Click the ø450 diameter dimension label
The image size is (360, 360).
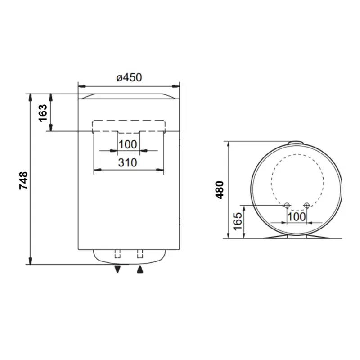[129, 77]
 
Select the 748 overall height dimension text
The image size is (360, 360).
[24, 180]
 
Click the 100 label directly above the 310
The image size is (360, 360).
[129, 145]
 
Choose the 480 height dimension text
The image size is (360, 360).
[220, 190]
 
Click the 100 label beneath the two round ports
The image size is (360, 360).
[297, 216]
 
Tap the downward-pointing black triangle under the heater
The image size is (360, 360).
[118, 269]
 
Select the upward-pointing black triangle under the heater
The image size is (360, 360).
[140, 269]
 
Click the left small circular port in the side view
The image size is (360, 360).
[287, 206]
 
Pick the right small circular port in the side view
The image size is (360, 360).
[306, 206]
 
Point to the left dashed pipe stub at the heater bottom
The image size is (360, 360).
[118, 253]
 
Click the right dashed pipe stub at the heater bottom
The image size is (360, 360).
[140, 253]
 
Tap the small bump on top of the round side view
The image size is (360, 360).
[297, 144]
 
